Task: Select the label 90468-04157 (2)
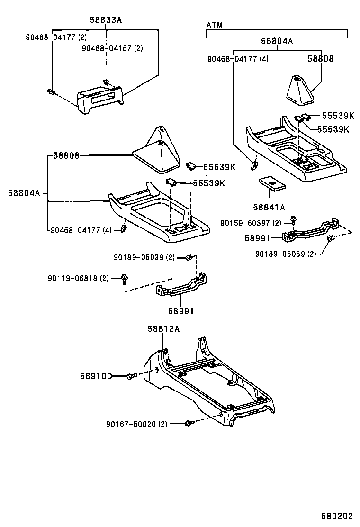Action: (x=112, y=48)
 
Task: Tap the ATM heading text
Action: (x=215, y=25)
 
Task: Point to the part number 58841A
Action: (x=269, y=207)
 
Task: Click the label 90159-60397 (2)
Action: (x=251, y=223)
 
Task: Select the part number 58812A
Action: (x=163, y=328)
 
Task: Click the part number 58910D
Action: (x=96, y=376)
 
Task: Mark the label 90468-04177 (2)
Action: (x=56, y=36)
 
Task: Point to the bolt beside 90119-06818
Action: (x=125, y=279)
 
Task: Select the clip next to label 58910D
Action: (x=132, y=376)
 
